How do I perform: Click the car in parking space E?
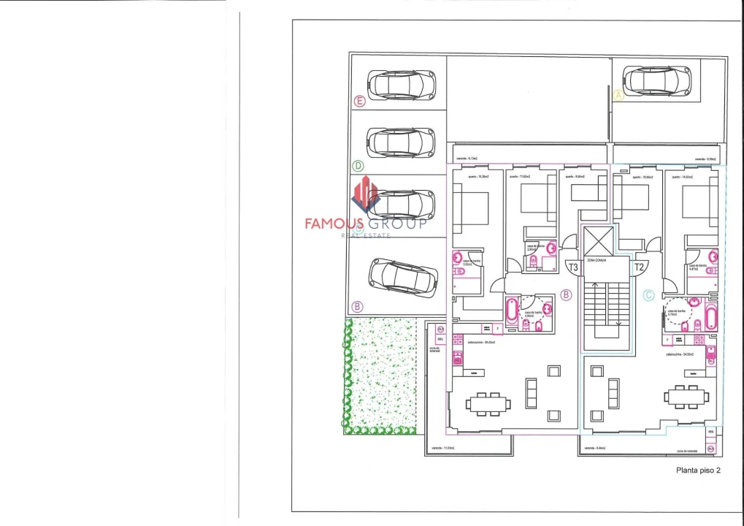click(x=401, y=85)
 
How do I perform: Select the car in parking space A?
click(x=657, y=80)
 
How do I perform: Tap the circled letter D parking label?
click(x=358, y=166)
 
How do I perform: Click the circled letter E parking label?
click(x=358, y=102)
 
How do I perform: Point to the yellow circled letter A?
click(x=618, y=95)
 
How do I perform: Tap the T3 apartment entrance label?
click(x=572, y=267)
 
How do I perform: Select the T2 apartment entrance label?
click(x=639, y=267)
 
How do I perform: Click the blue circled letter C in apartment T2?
click(x=648, y=296)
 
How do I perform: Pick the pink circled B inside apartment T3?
click(x=565, y=296)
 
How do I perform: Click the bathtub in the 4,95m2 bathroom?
click(x=511, y=313)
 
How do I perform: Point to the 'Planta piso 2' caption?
click(x=698, y=470)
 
